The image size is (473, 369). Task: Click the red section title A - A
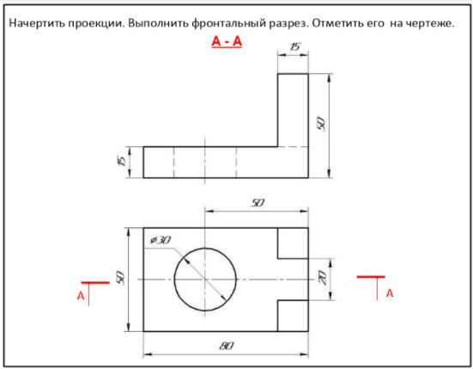[x=227, y=41]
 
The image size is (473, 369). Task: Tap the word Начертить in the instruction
[x=36, y=23]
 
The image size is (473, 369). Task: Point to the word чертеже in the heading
[x=430, y=23]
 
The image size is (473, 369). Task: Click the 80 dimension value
[x=227, y=346]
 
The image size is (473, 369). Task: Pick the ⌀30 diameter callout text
[x=161, y=240]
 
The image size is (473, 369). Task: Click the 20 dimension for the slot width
[x=323, y=278]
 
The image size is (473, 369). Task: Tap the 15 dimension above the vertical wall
[x=294, y=46]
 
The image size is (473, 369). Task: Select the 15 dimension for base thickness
[x=121, y=161]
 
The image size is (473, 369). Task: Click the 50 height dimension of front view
[x=321, y=124]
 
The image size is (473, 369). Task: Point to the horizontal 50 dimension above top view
[x=258, y=203]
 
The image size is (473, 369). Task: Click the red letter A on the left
[x=81, y=296]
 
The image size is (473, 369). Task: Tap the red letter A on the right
[x=390, y=293]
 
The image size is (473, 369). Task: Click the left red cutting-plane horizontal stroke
[x=95, y=283]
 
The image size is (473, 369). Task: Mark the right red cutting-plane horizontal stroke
[x=371, y=276]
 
